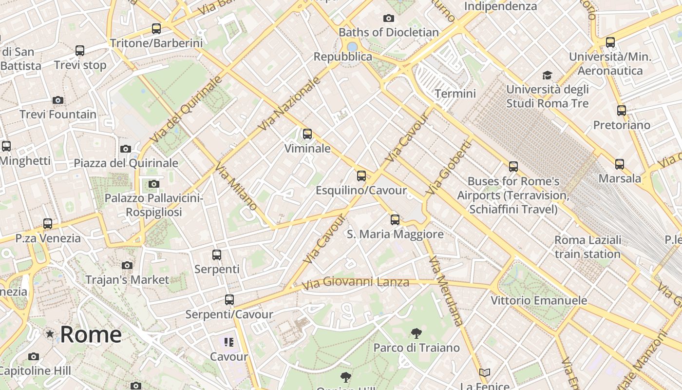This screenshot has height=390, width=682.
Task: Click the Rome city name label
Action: [91, 334]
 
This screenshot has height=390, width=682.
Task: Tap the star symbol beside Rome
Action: [50, 334]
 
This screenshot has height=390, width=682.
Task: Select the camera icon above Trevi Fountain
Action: [58, 100]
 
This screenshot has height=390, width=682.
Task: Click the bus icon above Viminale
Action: [307, 134]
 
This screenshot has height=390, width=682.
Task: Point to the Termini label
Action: [455, 94]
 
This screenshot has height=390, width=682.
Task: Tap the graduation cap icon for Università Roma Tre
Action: [548, 76]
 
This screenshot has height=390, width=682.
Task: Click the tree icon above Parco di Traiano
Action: [417, 333]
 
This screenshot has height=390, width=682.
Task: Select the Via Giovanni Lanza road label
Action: [355, 282]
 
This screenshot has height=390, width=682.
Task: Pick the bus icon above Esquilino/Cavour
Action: [361, 176]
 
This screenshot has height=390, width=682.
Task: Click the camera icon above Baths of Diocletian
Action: [389, 19]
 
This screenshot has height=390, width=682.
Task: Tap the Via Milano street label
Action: [236, 187]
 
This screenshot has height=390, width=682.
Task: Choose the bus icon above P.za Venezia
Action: [48, 224]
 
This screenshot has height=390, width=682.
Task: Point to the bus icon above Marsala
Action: [620, 164]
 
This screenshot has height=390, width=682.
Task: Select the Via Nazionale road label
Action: [289, 104]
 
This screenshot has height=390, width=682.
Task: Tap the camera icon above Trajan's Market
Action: [127, 266]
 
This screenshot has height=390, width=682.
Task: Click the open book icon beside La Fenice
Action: [484, 373]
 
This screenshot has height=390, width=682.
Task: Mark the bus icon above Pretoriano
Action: [622, 111]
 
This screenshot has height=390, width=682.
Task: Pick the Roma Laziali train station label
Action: [587, 247]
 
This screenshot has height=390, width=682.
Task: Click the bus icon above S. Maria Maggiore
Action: [395, 220]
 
